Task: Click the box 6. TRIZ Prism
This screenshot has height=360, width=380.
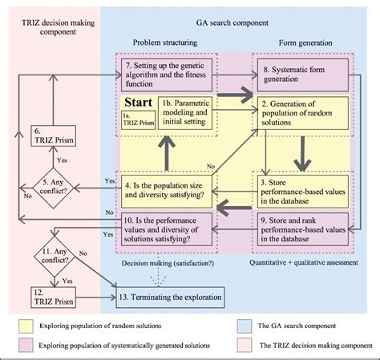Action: [x=51, y=139]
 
